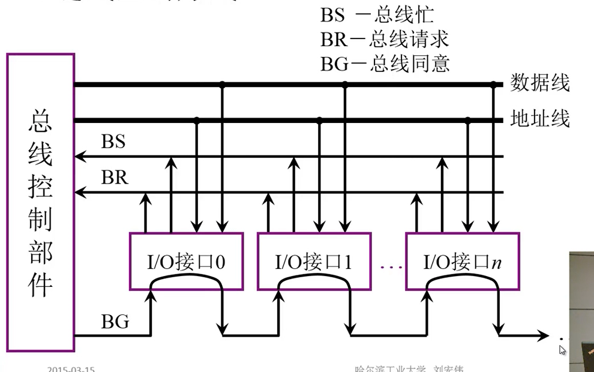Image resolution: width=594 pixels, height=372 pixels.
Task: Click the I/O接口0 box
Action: click(x=187, y=261)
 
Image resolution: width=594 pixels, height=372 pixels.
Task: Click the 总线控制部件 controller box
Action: click(x=41, y=202)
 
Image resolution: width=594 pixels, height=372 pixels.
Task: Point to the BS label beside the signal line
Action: click(x=113, y=142)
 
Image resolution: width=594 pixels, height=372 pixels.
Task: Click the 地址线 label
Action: click(x=539, y=119)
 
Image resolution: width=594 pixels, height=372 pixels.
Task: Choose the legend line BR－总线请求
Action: click(x=385, y=39)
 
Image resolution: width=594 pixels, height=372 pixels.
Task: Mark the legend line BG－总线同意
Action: click(x=385, y=63)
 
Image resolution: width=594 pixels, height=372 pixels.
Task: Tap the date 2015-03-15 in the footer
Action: click(x=71, y=368)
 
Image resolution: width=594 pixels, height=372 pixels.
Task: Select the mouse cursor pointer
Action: click(x=562, y=350)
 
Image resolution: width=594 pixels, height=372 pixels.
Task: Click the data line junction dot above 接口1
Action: click(x=344, y=85)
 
